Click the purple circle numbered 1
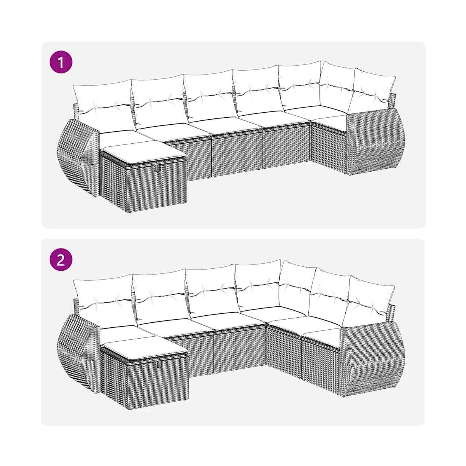61,62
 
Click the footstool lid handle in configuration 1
159,169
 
